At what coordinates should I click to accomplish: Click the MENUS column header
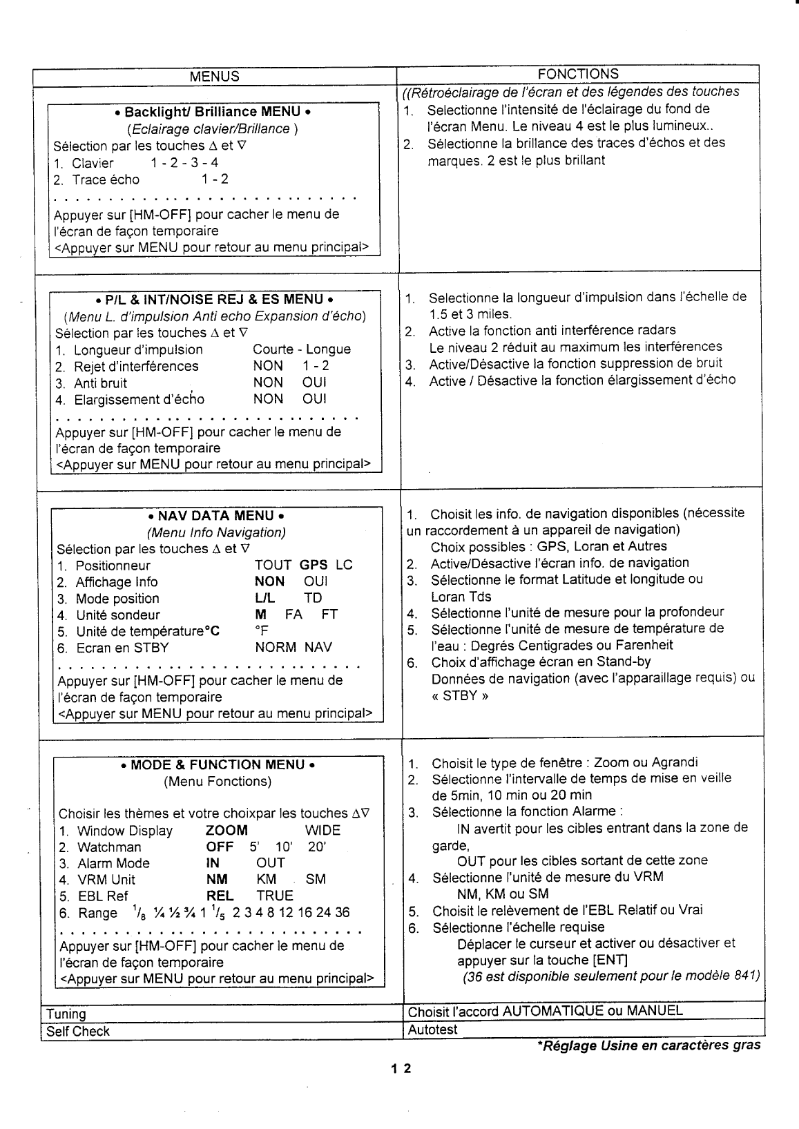(x=215, y=77)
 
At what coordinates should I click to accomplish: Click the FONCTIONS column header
(x=578, y=74)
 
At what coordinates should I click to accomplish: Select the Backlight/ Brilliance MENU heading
(x=213, y=112)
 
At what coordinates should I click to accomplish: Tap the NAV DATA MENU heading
(x=217, y=516)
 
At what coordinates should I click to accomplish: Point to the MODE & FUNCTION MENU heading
(x=218, y=765)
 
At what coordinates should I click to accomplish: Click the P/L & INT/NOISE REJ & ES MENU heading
(x=215, y=300)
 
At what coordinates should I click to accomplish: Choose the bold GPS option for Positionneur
(x=314, y=566)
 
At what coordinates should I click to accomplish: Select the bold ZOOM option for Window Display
(x=227, y=831)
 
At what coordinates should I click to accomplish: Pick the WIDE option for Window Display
(x=323, y=831)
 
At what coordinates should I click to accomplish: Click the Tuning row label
(x=66, y=1014)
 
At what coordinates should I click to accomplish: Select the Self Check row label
(x=77, y=1032)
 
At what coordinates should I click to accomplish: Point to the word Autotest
(x=432, y=1030)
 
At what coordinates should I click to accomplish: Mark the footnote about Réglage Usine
(x=648, y=1045)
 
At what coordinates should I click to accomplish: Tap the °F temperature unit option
(x=262, y=631)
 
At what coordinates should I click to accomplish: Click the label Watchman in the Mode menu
(x=109, y=847)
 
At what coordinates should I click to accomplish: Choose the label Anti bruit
(x=100, y=383)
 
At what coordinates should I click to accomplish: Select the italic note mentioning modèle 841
(x=610, y=976)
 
